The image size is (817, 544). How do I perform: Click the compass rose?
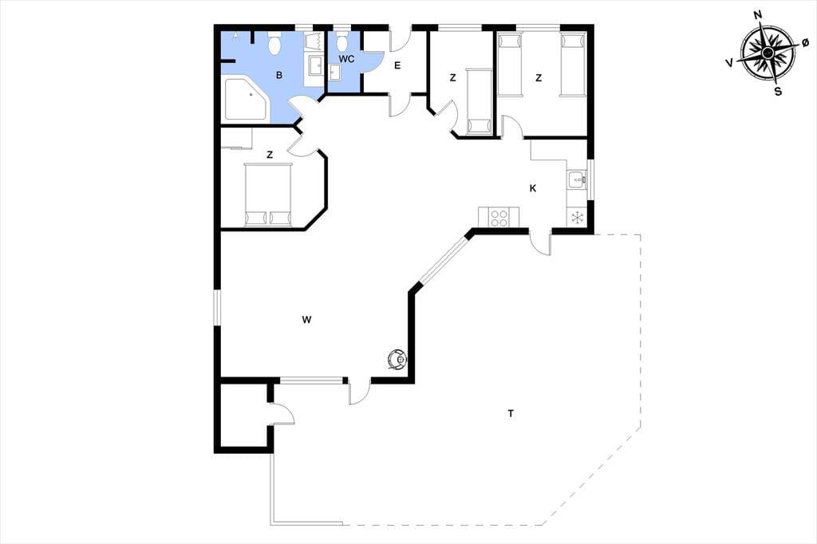point(768,53)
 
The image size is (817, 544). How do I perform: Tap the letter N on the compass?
point(759,30)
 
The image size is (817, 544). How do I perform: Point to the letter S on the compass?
point(778,93)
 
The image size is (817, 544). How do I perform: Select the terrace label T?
point(511,414)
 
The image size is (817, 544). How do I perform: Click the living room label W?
point(306,319)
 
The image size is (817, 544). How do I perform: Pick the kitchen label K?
point(532,188)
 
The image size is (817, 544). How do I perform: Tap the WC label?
point(346,59)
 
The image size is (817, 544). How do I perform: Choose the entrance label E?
point(397,65)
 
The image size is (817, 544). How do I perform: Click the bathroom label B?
point(279,75)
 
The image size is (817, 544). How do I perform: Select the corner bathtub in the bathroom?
point(244,99)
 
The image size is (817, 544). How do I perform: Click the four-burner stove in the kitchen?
point(499,217)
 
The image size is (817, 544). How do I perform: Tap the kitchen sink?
point(578,179)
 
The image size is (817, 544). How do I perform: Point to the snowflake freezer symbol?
point(578,217)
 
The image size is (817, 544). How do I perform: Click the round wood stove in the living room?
point(397,359)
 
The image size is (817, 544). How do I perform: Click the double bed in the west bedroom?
point(267,195)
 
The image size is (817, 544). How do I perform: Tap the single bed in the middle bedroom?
point(479,101)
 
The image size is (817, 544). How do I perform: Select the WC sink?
point(334,73)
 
